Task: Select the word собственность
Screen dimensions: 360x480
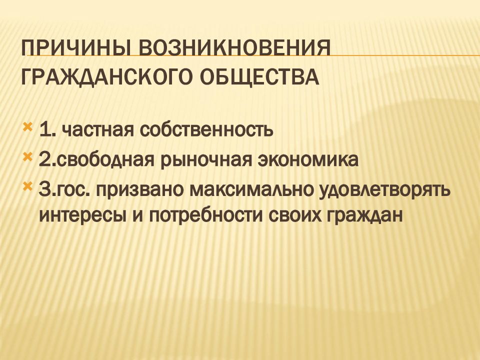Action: [206, 130]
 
